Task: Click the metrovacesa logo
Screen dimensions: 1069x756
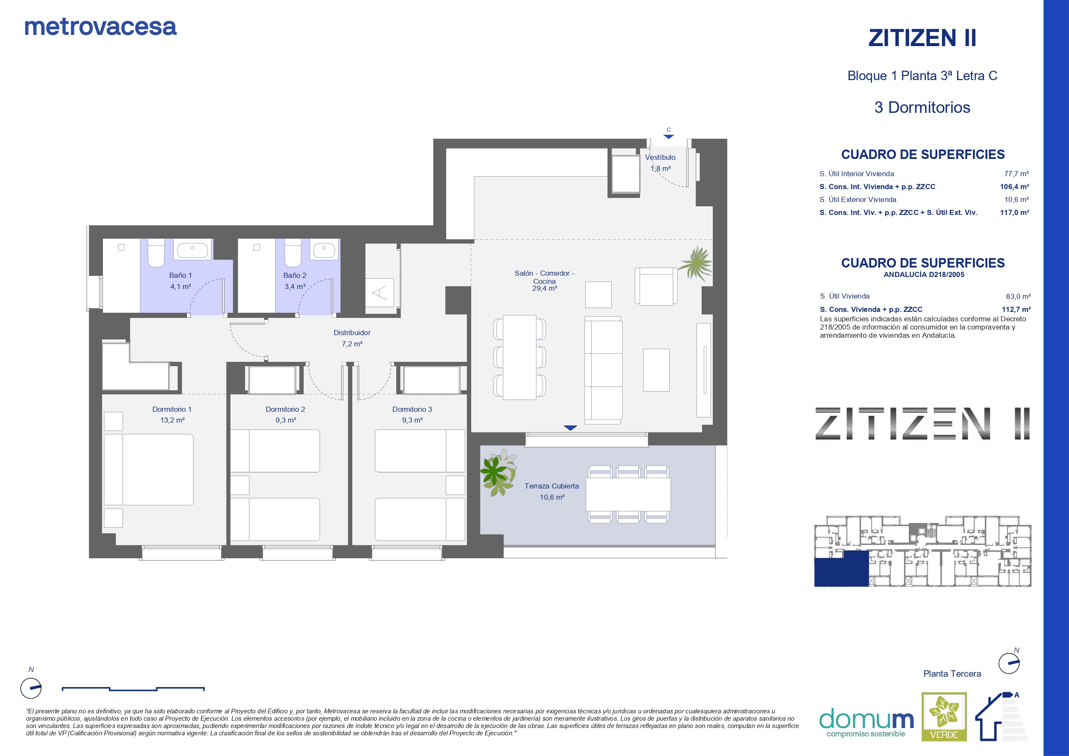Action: pos(100,27)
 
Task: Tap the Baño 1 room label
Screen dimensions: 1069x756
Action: pos(180,275)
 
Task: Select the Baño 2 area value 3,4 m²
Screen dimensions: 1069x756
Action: pos(295,286)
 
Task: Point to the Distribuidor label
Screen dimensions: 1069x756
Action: pos(352,333)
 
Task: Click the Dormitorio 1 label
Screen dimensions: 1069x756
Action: pos(172,409)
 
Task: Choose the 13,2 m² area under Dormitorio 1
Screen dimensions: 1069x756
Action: pos(172,420)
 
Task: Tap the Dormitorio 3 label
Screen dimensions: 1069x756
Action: pos(412,409)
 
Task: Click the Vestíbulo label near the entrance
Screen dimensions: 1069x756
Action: pos(660,157)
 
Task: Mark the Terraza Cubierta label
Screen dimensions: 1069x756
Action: pos(552,486)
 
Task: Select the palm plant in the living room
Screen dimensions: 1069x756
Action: pos(696,264)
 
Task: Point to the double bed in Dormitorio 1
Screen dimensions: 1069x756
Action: pos(149,470)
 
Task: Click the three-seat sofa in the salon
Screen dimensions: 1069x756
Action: pos(603,370)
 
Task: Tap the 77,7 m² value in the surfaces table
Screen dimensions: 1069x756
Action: pos(1016,174)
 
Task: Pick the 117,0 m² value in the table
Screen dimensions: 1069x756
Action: pos(1015,212)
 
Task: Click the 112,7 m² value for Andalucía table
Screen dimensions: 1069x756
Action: pos(1016,309)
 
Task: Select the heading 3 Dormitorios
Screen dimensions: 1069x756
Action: pos(922,108)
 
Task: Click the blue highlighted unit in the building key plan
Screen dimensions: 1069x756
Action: pos(841,569)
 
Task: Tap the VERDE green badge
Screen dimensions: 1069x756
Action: pos(944,717)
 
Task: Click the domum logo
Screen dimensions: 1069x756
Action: pos(867,722)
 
